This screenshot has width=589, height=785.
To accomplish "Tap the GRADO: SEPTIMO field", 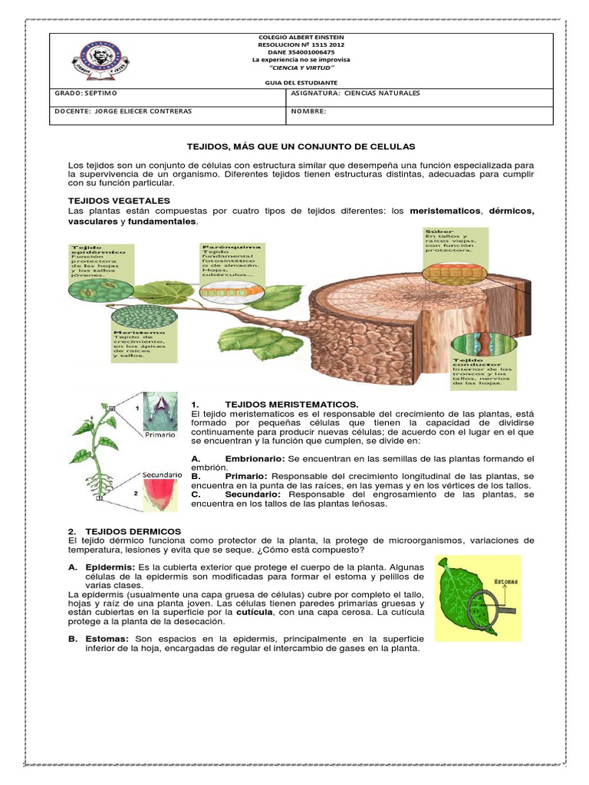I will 85,94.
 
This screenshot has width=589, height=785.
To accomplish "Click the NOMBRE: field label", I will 309,111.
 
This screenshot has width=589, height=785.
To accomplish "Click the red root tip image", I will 161,498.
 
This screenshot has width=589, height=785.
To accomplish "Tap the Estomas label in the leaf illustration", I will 503,582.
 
